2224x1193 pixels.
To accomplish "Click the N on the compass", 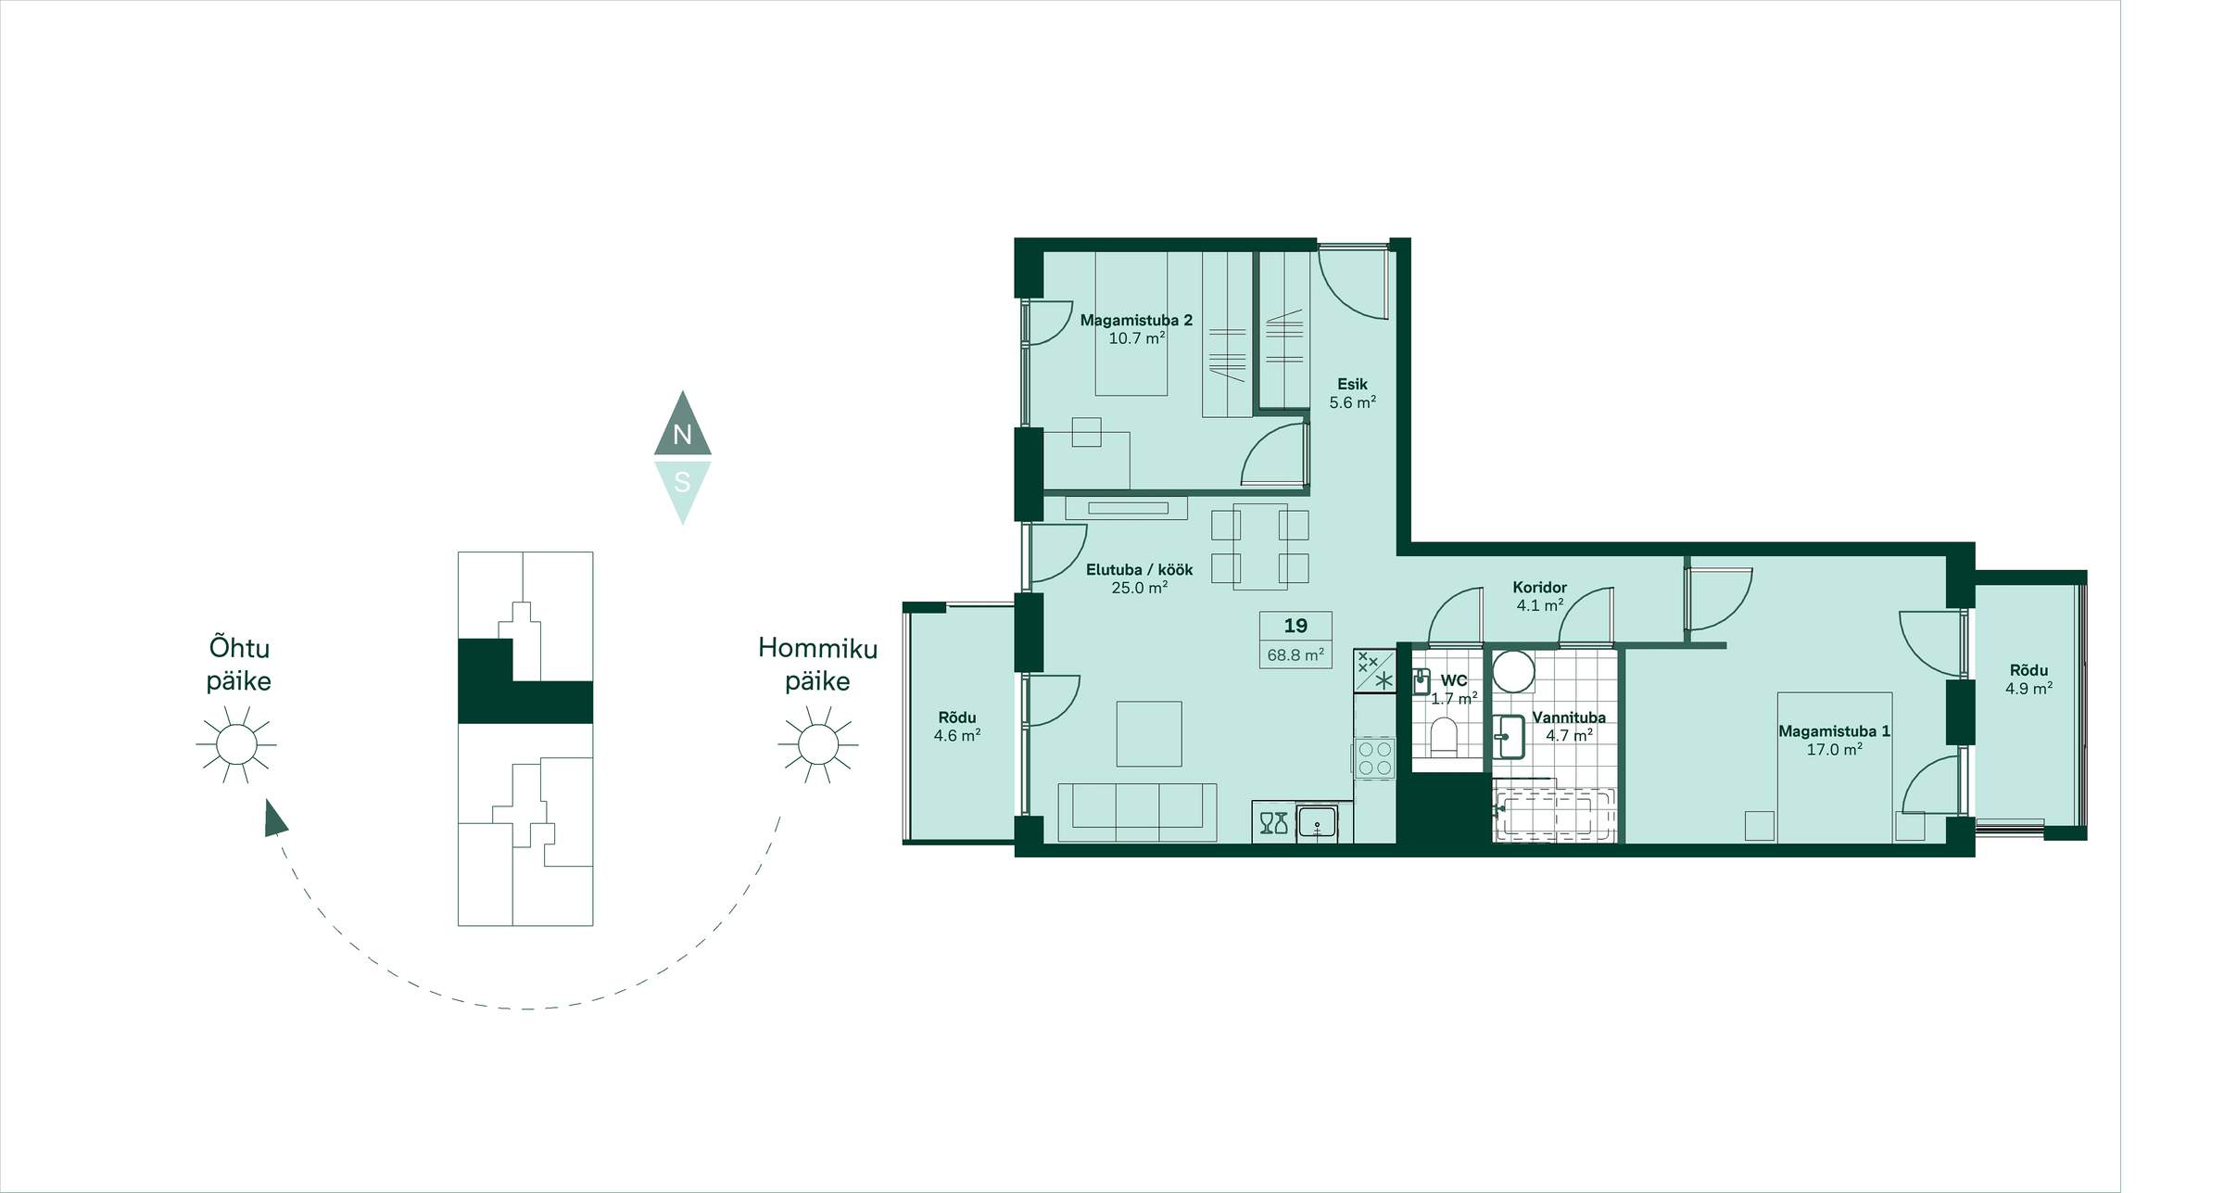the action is (682, 434).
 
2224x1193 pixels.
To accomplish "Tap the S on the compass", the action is (682, 482).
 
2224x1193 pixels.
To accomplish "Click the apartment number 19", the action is (1295, 626).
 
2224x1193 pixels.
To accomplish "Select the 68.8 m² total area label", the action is (1295, 654).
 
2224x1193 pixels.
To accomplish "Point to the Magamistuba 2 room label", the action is (1136, 320).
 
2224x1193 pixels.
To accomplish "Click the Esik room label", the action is (1352, 384).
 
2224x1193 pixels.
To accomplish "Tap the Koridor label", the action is (1539, 587).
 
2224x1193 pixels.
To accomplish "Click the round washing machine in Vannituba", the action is (1513, 671).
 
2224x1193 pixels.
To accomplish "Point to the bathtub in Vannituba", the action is (1555, 815).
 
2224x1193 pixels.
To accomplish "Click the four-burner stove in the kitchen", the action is (1373, 757).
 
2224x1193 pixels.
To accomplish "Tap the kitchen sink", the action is (1316, 822).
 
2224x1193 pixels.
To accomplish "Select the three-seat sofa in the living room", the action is (1137, 812).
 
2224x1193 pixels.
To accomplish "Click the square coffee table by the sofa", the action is (1149, 734).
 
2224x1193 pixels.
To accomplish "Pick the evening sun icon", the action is (235, 743).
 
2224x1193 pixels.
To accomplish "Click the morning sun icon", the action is (817, 743).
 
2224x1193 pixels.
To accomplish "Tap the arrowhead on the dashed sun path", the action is (274, 819).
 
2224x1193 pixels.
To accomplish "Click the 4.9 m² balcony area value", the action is (2028, 689).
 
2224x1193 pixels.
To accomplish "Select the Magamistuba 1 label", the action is (1834, 730).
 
